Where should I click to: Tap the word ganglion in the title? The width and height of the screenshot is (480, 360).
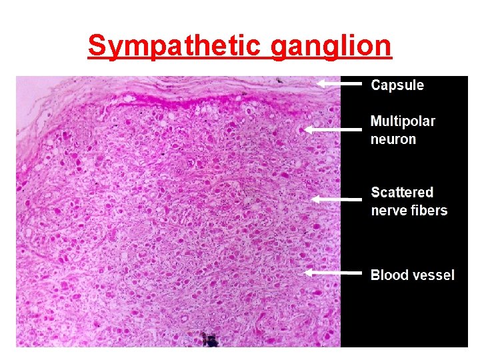click(331, 46)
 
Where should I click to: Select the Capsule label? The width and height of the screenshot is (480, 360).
click(397, 85)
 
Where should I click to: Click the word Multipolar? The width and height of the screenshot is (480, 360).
click(403, 121)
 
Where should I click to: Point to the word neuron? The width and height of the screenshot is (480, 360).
click(393, 139)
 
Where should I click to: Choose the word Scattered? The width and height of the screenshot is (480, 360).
click(402, 193)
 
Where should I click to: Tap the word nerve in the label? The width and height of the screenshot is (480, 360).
click(389, 211)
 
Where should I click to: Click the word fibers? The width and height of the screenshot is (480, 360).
click(429, 211)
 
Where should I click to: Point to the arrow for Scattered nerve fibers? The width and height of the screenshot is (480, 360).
click(337, 199)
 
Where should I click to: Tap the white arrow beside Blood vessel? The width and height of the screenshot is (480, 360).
click(333, 273)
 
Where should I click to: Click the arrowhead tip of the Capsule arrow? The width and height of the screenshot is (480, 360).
click(317, 84)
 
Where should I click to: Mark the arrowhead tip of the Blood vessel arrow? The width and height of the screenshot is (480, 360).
click(304, 273)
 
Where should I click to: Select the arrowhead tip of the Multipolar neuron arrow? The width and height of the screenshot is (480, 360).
click(305, 129)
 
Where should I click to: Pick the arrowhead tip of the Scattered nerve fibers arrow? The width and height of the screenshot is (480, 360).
click(312, 199)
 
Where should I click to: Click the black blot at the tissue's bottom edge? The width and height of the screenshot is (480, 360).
click(209, 341)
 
